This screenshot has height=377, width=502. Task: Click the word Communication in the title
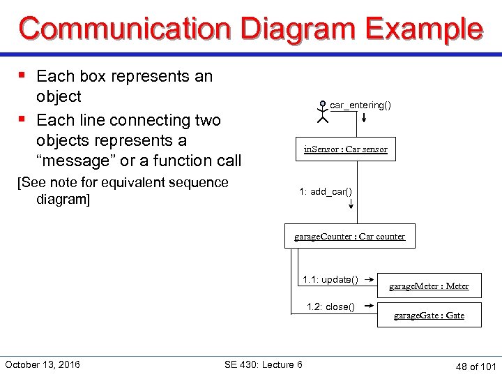click(x=126, y=29)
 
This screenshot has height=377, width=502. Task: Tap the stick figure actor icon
click(x=322, y=112)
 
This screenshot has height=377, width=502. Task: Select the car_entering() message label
click(x=360, y=105)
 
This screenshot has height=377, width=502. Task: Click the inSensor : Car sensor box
click(x=345, y=149)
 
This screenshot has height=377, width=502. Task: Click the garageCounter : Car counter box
click(x=349, y=236)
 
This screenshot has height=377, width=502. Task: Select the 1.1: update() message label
click(x=330, y=280)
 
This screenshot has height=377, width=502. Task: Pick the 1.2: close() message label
click(x=331, y=306)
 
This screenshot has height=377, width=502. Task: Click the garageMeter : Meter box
click(x=429, y=286)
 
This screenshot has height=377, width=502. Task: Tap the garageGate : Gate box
click(x=429, y=315)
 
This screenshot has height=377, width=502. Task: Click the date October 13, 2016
click(x=43, y=364)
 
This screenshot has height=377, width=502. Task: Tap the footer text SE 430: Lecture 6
click(x=264, y=364)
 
